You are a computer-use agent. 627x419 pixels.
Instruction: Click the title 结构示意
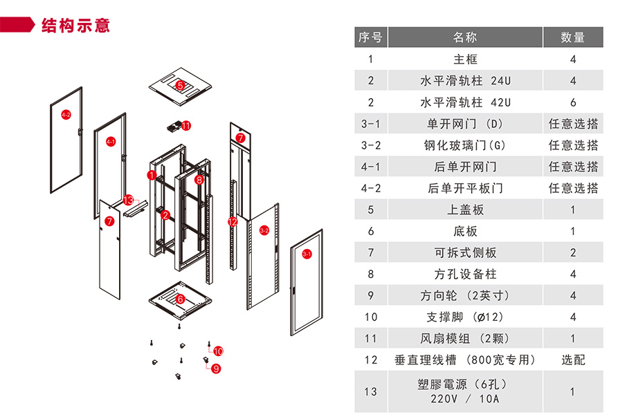point(75,26)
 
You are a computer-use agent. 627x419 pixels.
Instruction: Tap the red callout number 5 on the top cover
point(180,86)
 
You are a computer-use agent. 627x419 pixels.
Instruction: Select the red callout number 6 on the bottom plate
point(180,299)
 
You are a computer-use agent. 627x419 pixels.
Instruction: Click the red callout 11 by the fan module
point(185,125)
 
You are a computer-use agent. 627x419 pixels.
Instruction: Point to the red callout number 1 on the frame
point(152,175)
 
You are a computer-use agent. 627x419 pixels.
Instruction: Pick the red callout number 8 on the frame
point(199,180)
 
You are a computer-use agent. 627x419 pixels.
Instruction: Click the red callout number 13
point(127,200)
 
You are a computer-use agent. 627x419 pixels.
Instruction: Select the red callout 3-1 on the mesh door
point(307,254)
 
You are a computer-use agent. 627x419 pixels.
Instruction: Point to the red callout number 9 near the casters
point(216,369)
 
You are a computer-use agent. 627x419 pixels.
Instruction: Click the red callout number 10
point(218,351)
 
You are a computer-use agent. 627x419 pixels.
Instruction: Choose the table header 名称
point(465,37)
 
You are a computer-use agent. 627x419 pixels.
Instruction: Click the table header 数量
point(572,37)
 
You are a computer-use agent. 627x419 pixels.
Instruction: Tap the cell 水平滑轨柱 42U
point(465,102)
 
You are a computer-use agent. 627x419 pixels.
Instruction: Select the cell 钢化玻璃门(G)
point(465,145)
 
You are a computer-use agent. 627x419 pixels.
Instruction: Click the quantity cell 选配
point(572,360)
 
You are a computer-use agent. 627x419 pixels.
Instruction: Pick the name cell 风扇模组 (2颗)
point(465,339)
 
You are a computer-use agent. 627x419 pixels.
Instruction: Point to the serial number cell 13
point(371,391)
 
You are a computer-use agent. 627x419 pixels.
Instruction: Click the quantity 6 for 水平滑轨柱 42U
point(572,102)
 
